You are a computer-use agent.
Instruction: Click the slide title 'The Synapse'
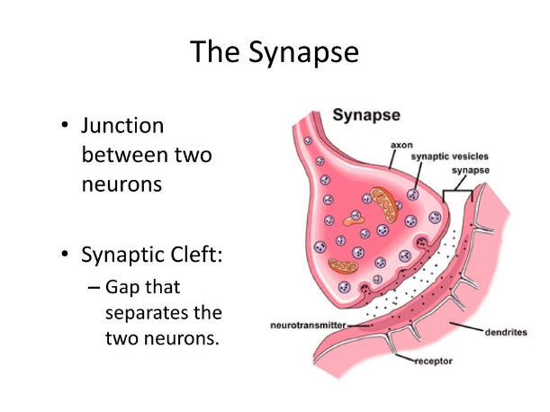pos(275,52)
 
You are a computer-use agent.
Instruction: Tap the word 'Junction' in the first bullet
pos(122,125)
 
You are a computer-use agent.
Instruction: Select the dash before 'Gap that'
pos(95,291)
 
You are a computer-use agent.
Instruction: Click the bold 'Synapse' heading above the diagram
pos(367,116)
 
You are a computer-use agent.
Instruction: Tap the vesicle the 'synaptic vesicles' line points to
pos(413,192)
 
